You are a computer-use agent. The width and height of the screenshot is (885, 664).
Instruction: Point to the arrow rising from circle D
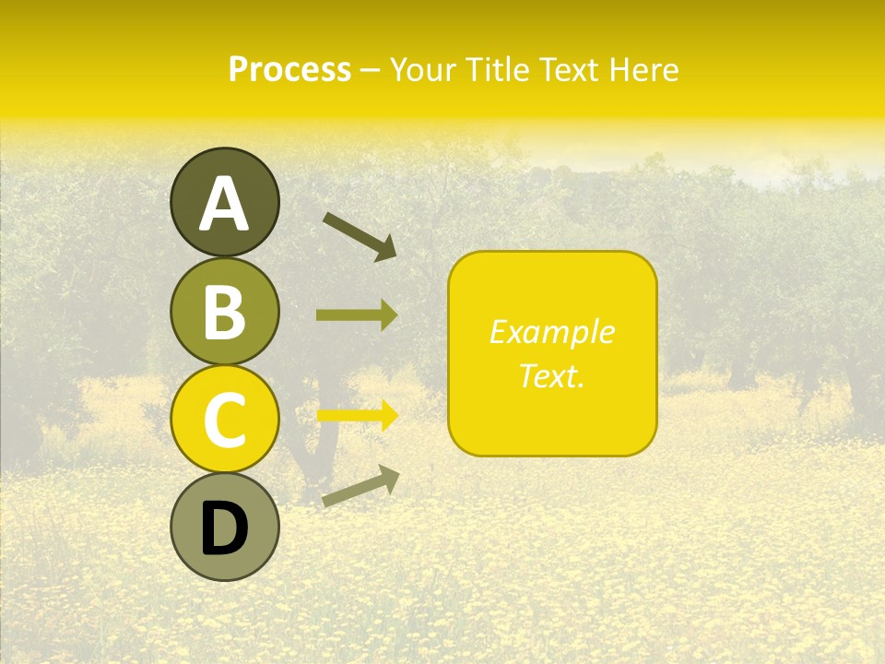tap(360, 487)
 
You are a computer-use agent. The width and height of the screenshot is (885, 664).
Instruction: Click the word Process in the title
tap(289, 70)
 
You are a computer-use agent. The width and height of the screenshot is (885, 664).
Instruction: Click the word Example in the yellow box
tap(551, 332)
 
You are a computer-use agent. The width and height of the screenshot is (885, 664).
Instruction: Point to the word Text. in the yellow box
tap(551, 375)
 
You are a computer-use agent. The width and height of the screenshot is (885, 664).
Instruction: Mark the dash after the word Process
tap(371, 71)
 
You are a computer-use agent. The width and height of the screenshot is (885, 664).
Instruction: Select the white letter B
tap(225, 313)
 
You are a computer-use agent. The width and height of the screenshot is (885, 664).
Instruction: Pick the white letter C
tap(225, 420)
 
